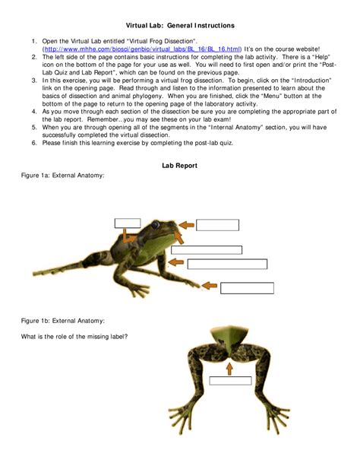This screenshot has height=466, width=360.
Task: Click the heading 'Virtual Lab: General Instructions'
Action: click(180, 26)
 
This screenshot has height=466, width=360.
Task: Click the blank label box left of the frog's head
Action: click(128, 223)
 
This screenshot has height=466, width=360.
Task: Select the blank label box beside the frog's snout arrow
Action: click(216, 224)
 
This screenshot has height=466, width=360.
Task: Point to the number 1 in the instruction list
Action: click(35, 40)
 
